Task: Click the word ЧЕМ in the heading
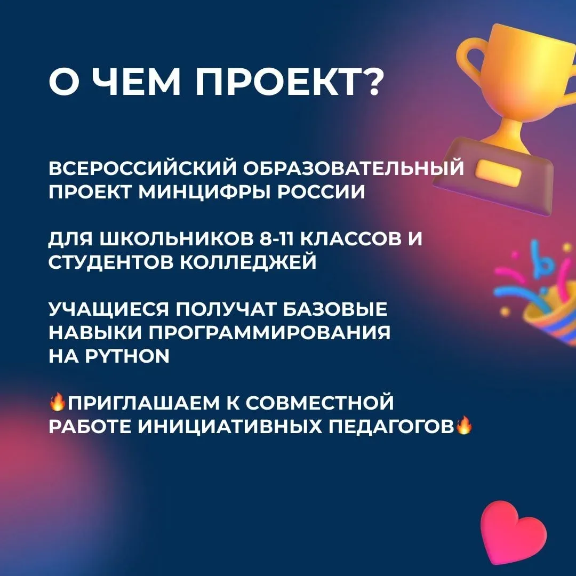point(136,82)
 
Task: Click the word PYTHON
point(127,356)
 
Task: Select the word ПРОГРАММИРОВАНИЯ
point(269,332)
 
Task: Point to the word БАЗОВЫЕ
point(335,309)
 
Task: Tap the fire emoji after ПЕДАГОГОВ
point(464,425)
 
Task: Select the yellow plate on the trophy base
point(498,171)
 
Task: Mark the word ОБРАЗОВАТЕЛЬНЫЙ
point(354,167)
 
